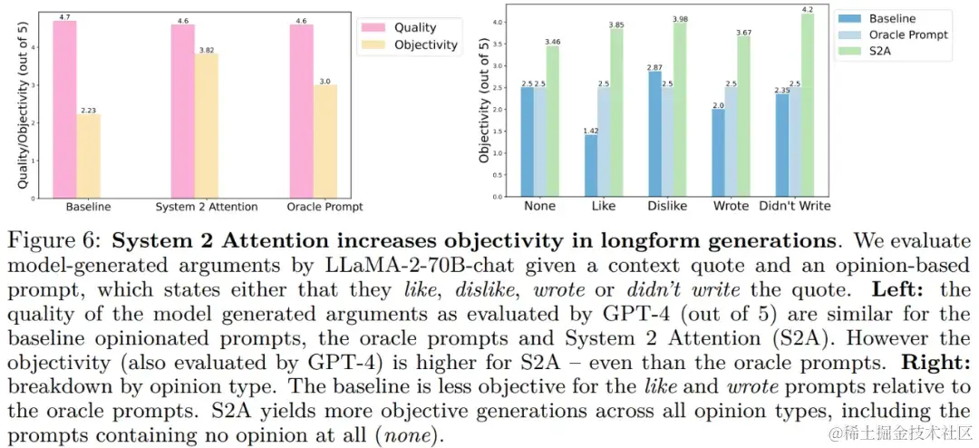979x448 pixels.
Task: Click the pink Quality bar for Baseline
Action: tap(64, 109)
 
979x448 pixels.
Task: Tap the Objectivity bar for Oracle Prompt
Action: tap(325, 141)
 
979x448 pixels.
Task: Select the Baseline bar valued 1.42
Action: tap(591, 166)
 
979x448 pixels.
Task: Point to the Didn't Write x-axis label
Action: tap(794, 206)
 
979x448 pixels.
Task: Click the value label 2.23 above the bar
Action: tap(88, 109)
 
